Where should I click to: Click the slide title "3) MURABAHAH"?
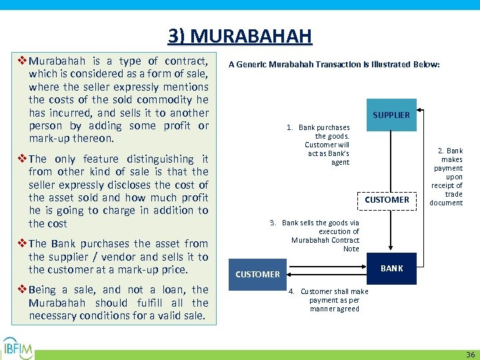point(239,35)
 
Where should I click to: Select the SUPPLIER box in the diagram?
point(391,115)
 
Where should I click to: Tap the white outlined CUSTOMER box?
point(387,199)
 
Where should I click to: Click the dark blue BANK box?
point(391,268)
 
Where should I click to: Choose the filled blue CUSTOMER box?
point(257,274)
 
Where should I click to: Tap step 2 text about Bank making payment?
point(447,177)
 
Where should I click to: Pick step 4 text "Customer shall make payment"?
point(331,300)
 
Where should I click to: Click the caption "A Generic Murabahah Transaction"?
point(334,65)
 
